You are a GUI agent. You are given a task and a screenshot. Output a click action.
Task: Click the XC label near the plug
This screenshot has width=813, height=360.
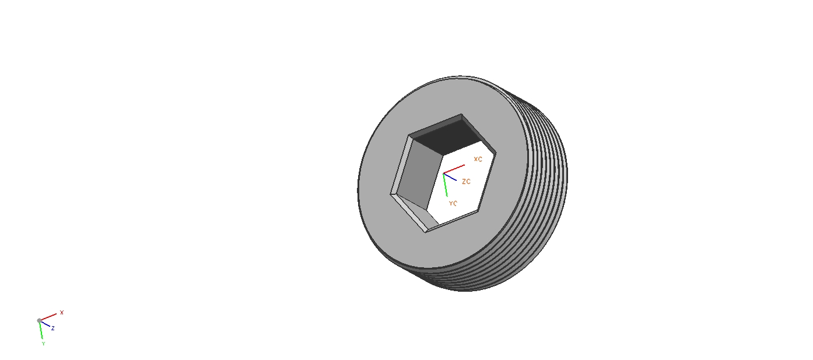[x=478, y=159]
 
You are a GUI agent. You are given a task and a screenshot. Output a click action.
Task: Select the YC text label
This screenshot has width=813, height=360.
[x=453, y=204]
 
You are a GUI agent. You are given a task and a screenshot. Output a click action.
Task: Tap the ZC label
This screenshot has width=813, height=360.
[x=467, y=181]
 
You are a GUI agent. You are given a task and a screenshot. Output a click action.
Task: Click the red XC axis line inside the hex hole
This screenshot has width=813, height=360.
[x=454, y=169]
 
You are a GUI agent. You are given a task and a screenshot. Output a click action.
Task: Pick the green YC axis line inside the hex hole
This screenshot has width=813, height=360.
[x=446, y=186]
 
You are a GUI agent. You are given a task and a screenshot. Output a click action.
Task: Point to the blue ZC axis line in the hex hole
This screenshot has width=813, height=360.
[x=450, y=177]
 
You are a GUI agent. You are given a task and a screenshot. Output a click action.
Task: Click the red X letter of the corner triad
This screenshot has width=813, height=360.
[x=62, y=312]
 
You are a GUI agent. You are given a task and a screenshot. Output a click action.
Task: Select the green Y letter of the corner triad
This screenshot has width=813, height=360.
[x=43, y=344]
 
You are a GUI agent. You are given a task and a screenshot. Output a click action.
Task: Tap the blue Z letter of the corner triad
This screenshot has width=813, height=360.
[x=53, y=328]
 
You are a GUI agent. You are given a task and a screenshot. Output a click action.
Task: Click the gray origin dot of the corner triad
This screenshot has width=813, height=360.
[x=39, y=320]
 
